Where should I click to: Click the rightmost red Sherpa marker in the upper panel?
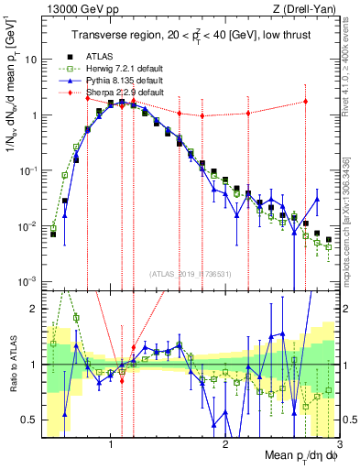[306, 102]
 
